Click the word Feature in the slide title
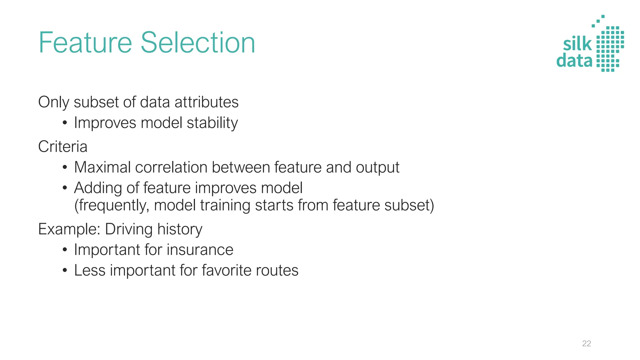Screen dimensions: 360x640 click(x=85, y=43)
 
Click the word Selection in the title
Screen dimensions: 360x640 click(x=198, y=43)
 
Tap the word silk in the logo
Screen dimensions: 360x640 click(x=577, y=44)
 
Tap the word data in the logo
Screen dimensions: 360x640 click(x=574, y=60)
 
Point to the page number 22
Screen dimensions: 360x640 click(x=587, y=343)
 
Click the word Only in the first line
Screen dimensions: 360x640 click(x=53, y=102)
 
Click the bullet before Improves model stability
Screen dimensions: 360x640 click(x=65, y=123)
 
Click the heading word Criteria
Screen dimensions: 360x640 click(x=62, y=147)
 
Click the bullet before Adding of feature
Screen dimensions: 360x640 click(x=65, y=188)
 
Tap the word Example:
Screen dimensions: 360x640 click(x=69, y=229)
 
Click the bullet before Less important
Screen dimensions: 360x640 click(x=65, y=270)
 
